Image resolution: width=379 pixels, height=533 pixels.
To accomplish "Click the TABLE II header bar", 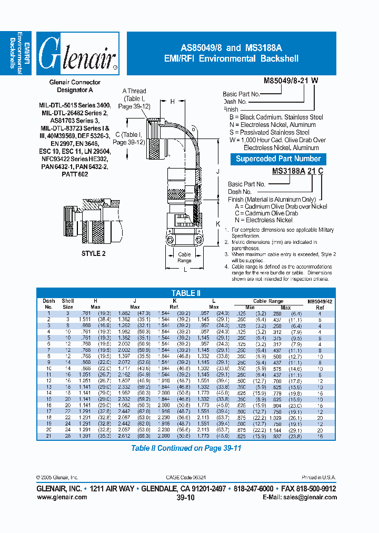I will click(x=186, y=293).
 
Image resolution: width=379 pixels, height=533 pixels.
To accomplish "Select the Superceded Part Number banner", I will click(x=278, y=159).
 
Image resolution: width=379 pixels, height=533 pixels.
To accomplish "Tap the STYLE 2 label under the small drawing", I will click(x=94, y=253).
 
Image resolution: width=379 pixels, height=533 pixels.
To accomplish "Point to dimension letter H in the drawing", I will click(x=172, y=102).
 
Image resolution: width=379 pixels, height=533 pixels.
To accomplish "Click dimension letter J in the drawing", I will click(x=217, y=171).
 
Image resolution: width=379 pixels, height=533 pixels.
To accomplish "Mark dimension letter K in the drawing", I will click(x=217, y=223).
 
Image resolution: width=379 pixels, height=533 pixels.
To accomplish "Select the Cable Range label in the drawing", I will click(x=185, y=258).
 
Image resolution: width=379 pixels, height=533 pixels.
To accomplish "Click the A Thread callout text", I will click(x=135, y=91).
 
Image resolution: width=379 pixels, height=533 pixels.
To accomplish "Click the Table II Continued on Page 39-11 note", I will click(x=186, y=448).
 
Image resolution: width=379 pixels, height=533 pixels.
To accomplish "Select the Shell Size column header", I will click(x=68, y=303).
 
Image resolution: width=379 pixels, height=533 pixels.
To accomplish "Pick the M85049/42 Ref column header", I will click(x=319, y=303).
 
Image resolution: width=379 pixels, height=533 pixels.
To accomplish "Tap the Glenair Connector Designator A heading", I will click(x=75, y=86).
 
